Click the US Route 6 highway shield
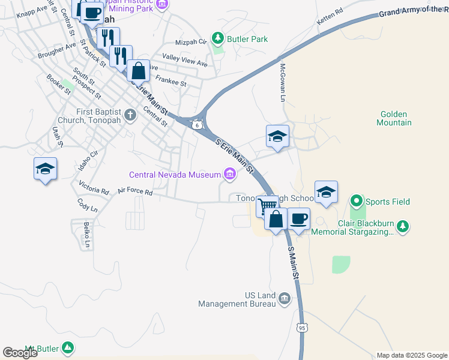coord(197,125)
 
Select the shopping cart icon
coord(267,206)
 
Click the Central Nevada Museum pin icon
coord(229,175)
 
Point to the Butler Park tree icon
coord(217,40)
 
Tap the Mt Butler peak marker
coord(68,347)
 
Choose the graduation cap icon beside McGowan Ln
coord(277,136)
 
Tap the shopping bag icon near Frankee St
coord(138,70)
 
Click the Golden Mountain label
coord(394,118)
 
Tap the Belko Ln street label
coord(86,235)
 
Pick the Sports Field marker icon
coord(357,202)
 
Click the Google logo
coord(20,353)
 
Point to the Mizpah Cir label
coord(190,42)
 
